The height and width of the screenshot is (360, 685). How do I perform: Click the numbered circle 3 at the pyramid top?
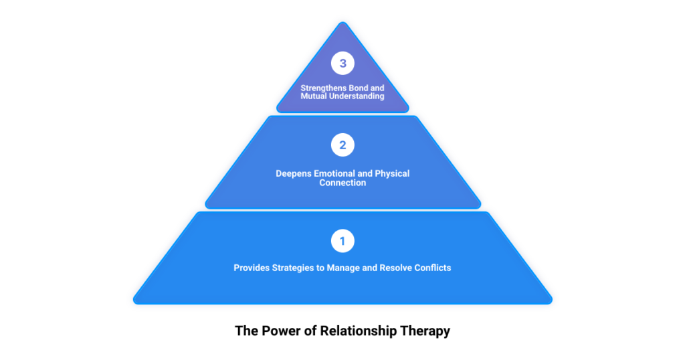tap(342, 64)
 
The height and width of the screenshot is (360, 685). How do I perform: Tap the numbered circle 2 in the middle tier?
tap(342, 145)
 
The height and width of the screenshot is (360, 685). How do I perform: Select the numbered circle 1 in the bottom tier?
tap(342, 241)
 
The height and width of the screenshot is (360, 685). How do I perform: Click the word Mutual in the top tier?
tap(314, 96)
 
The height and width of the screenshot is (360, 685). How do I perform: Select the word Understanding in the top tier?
tap(357, 96)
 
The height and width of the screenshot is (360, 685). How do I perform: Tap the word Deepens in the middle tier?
tap(293, 173)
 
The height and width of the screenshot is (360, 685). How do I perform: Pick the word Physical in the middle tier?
tap(392, 173)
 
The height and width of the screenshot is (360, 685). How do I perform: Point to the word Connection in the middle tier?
tap(342, 183)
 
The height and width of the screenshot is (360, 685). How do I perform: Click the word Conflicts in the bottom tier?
tap(433, 268)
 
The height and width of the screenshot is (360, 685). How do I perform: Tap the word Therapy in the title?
tap(426, 331)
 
